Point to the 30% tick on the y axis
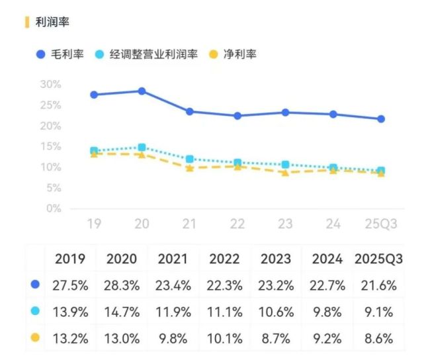(50, 84)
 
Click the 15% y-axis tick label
(50, 146)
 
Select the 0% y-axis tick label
(53, 208)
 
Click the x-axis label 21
(190, 225)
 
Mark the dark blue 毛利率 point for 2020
(142, 91)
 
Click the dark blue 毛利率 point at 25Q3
(381, 119)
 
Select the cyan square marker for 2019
(94, 151)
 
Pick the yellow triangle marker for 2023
(285, 173)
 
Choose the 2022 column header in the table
(224, 257)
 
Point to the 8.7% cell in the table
(275, 337)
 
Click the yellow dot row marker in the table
(35, 337)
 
